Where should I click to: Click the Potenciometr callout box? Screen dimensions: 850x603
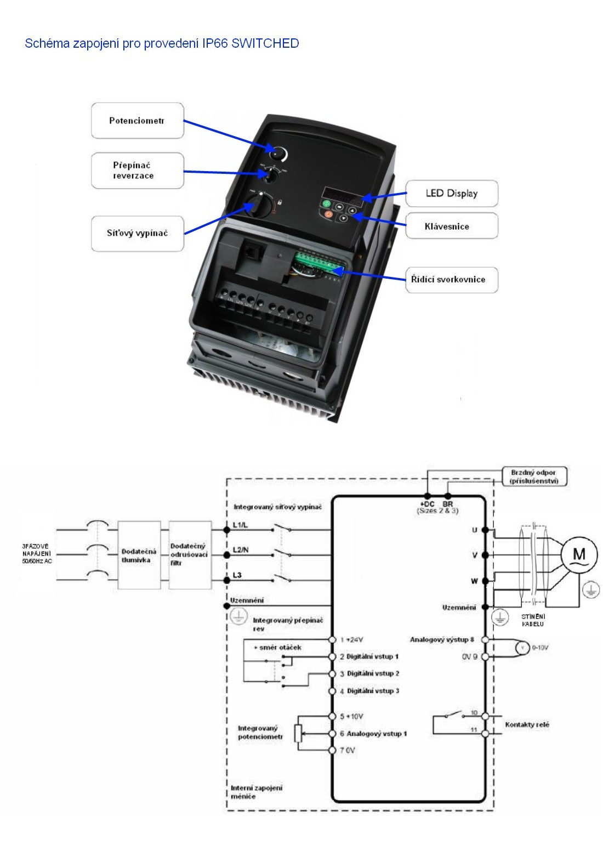(137, 121)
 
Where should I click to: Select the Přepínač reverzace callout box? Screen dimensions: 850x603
(137, 171)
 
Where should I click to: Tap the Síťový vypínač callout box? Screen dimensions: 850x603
(137, 233)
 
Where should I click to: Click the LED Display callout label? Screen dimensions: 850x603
(451, 193)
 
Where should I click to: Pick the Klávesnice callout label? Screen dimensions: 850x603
(451, 226)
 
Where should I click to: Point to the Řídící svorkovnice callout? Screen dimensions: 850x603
(451, 279)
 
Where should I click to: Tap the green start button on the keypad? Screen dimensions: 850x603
(327, 204)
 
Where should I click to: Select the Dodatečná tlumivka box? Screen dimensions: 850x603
(139, 555)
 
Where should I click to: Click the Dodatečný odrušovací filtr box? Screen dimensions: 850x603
(190, 555)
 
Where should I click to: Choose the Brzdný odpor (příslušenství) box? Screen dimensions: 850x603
(534, 477)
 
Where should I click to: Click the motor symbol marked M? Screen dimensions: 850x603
(579, 554)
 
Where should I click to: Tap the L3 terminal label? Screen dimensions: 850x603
(237, 575)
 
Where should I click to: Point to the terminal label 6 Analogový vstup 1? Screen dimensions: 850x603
(373, 734)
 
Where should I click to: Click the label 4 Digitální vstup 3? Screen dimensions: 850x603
(369, 691)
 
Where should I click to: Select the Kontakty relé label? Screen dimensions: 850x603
(527, 724)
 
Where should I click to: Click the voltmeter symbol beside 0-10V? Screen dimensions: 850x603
(522, 648)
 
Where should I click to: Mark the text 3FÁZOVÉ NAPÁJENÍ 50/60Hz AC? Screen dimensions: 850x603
(36, 554)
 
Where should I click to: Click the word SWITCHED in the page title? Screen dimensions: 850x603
(265, 43)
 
